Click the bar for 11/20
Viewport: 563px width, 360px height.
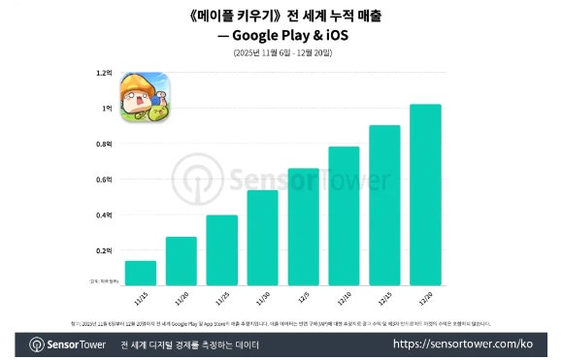coord(182,261)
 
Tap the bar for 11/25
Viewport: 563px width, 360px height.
coord(222,249)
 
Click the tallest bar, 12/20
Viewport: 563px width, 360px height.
coord(426,194)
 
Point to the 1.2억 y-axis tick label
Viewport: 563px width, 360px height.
coord(105,73)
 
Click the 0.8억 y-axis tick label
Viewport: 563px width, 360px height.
coord(105,144)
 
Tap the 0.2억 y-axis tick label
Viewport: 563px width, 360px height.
coord(105,250)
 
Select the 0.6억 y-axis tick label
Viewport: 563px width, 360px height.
coord(105,180)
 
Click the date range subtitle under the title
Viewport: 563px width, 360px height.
coord(281,52)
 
